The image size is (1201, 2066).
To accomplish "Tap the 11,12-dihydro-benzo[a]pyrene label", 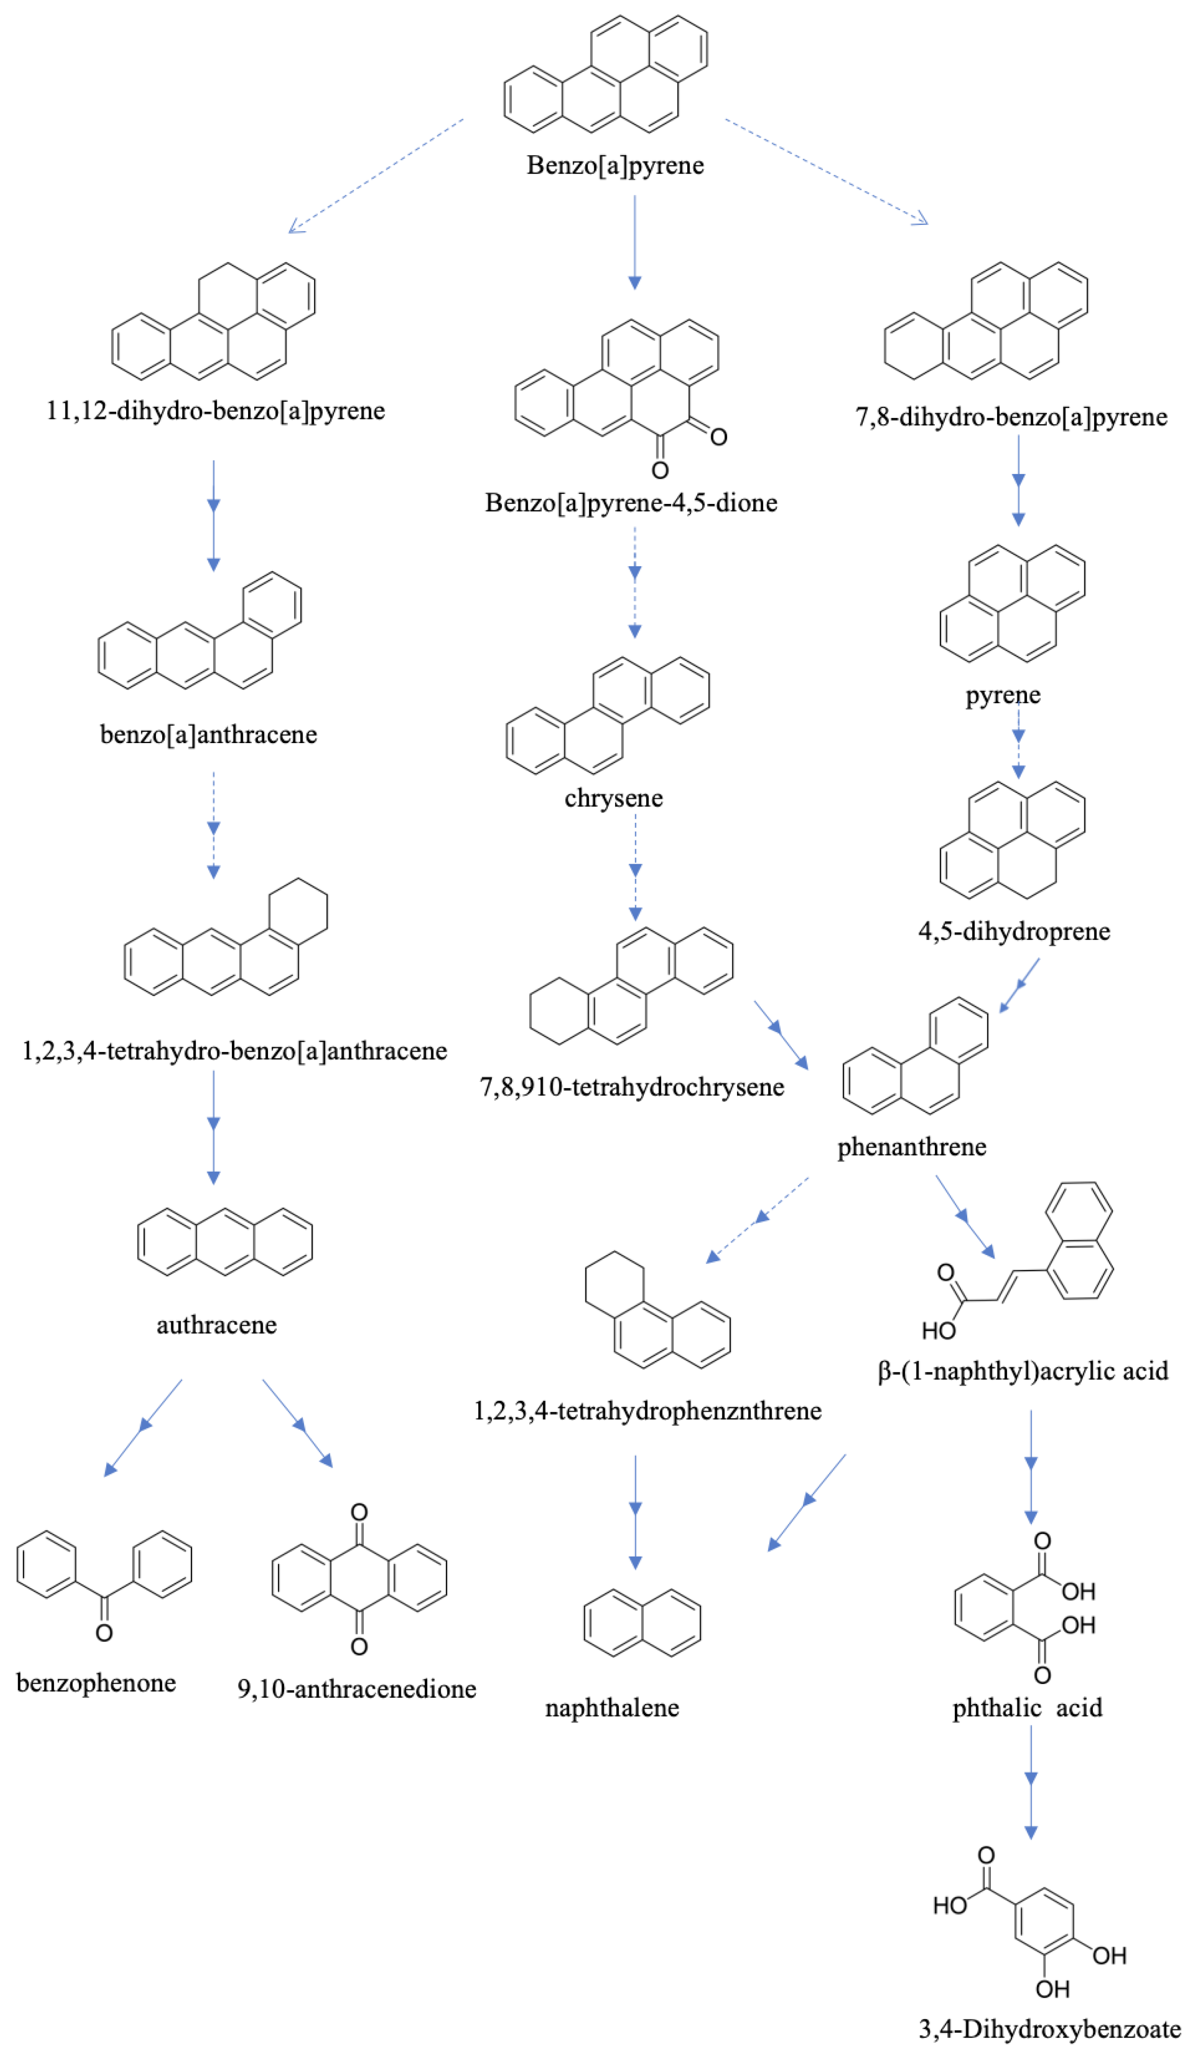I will [215, 410].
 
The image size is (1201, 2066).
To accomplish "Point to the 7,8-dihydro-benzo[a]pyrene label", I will [1011, 417].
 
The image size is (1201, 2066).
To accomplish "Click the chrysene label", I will [613, 798].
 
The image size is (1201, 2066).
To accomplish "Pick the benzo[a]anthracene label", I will [208, 734].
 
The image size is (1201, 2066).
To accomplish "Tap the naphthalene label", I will [611, 1708].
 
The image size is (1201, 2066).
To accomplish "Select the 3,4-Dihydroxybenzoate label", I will [1049, 2029].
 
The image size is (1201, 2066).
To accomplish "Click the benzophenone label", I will [96, 1683].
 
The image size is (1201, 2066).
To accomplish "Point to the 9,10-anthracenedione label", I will [357, 1689].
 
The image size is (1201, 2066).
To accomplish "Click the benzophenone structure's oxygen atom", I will [104, 1633].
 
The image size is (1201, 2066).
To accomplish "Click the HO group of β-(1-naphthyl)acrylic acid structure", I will [939, 1331].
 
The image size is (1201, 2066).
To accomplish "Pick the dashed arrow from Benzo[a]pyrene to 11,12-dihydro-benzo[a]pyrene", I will [376, 176].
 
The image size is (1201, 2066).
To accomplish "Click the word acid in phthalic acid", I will [1078, 1708].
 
